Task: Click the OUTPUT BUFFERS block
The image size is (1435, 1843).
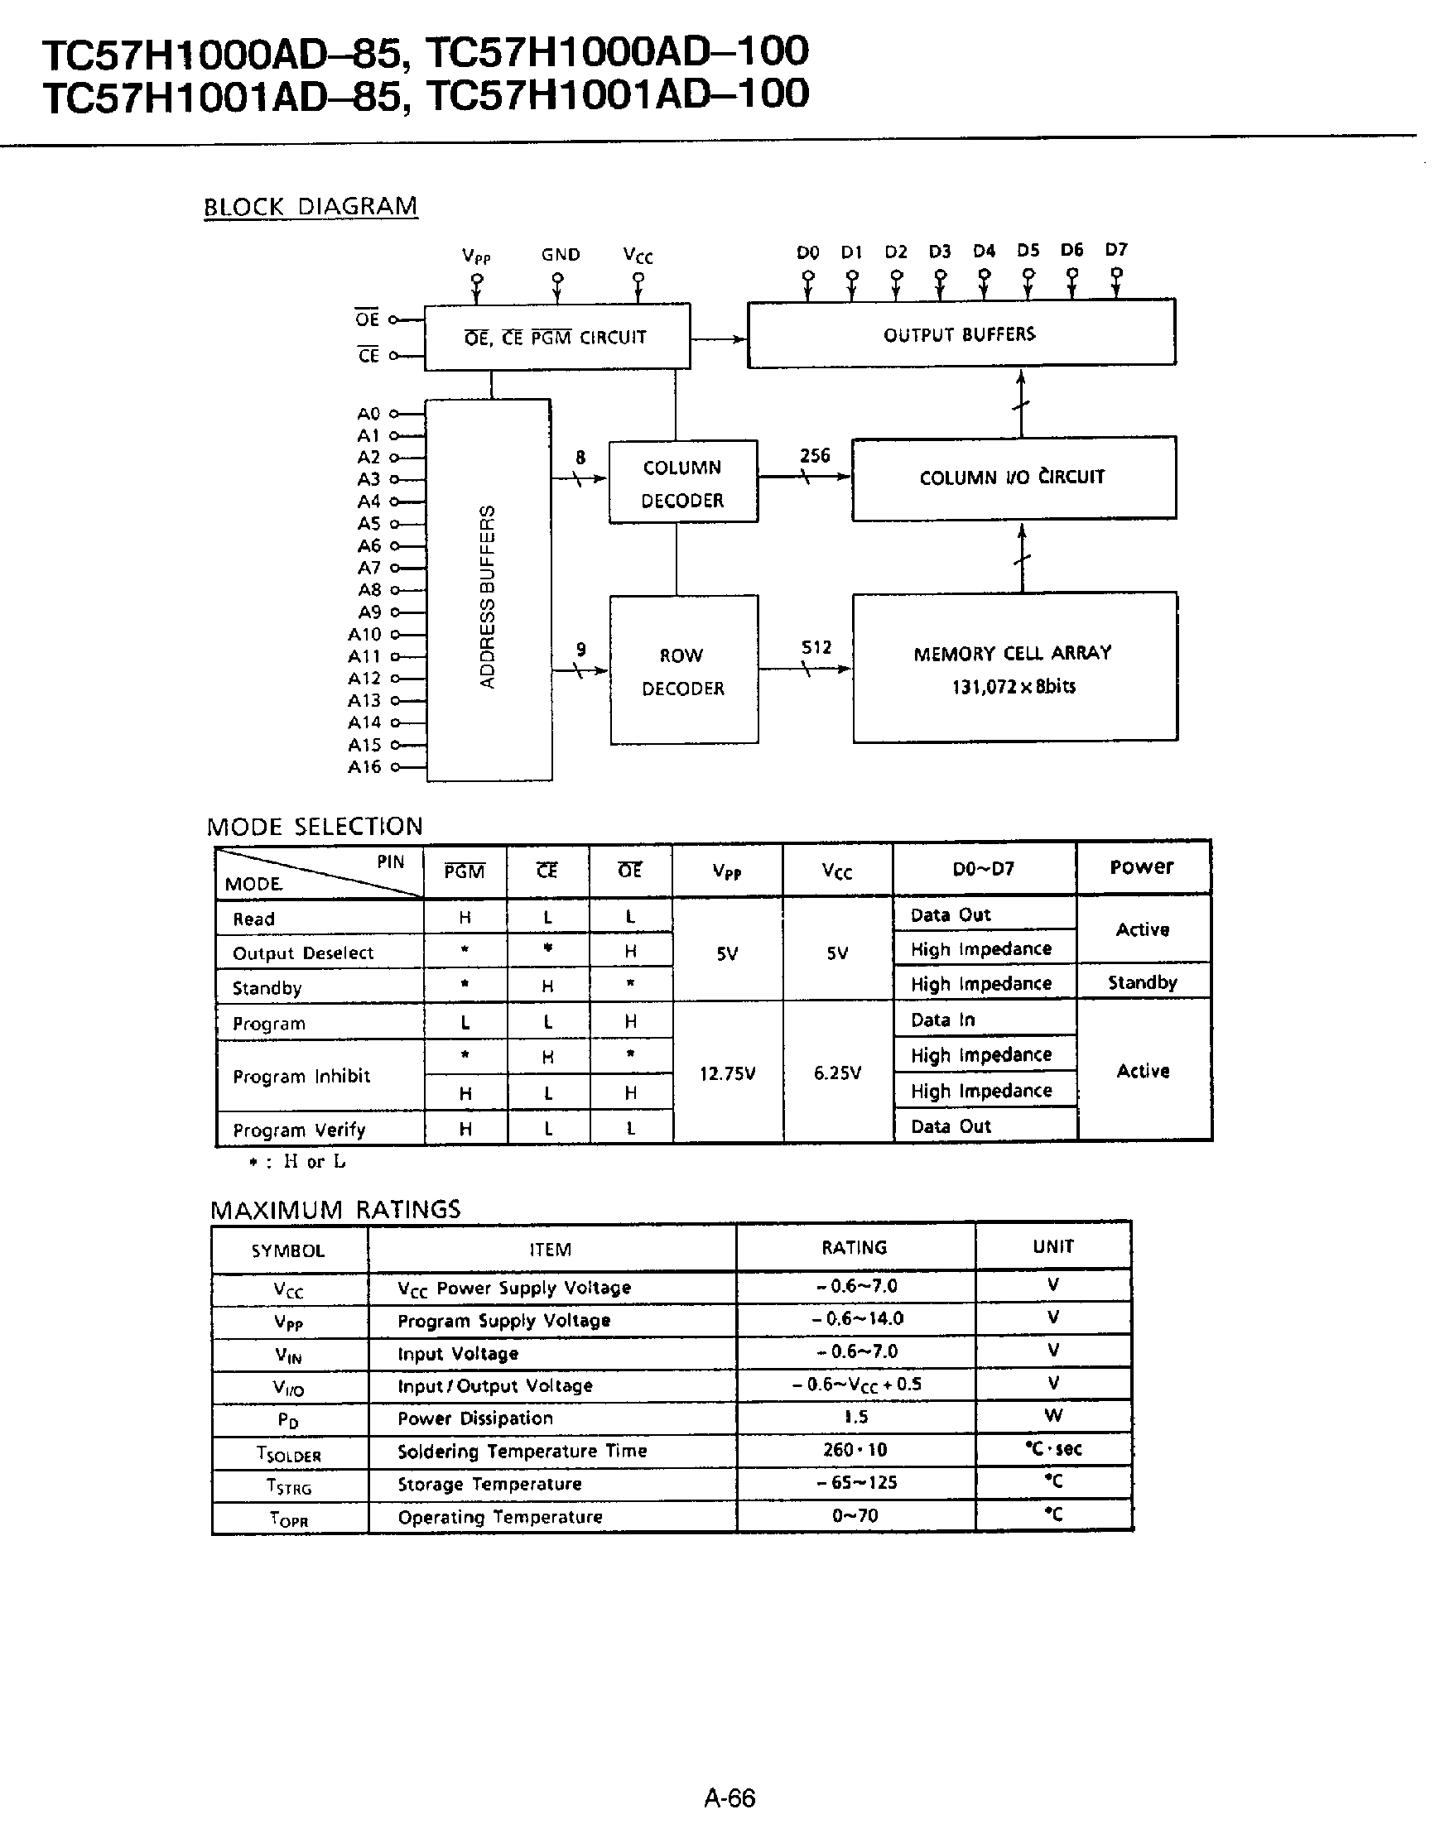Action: (x=961, y=334)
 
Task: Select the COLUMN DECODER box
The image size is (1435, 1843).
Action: (x=682, y=482)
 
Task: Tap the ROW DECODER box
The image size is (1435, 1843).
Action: (x=683, y=671)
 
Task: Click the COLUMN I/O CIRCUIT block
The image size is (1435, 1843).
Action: (x=1012, y=478)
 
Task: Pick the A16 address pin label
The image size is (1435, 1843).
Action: (x=364, y=767)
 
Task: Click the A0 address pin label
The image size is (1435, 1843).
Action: (x=368, y=414)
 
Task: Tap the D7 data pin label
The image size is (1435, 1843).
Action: (x=1116, y=251)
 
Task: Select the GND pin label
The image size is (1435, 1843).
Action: (x=561, y=255)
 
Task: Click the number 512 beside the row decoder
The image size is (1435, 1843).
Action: (x=816, y=648)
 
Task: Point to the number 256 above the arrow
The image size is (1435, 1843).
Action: (x=815, y=456)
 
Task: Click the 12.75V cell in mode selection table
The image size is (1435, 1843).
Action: (x=727, y=1073)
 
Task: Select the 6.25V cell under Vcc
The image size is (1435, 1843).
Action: (x=836, y=1073)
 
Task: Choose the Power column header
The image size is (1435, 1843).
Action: (x=1141, y=867)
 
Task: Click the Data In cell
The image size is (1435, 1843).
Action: (x=942, y=1020)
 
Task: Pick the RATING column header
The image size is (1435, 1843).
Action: (x=855, y=1248)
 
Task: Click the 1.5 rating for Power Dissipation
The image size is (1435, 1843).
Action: (x=855, y=1417)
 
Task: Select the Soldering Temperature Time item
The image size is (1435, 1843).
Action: (x=522, y=1451)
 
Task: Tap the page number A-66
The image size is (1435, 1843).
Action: (x=730, y=1798)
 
